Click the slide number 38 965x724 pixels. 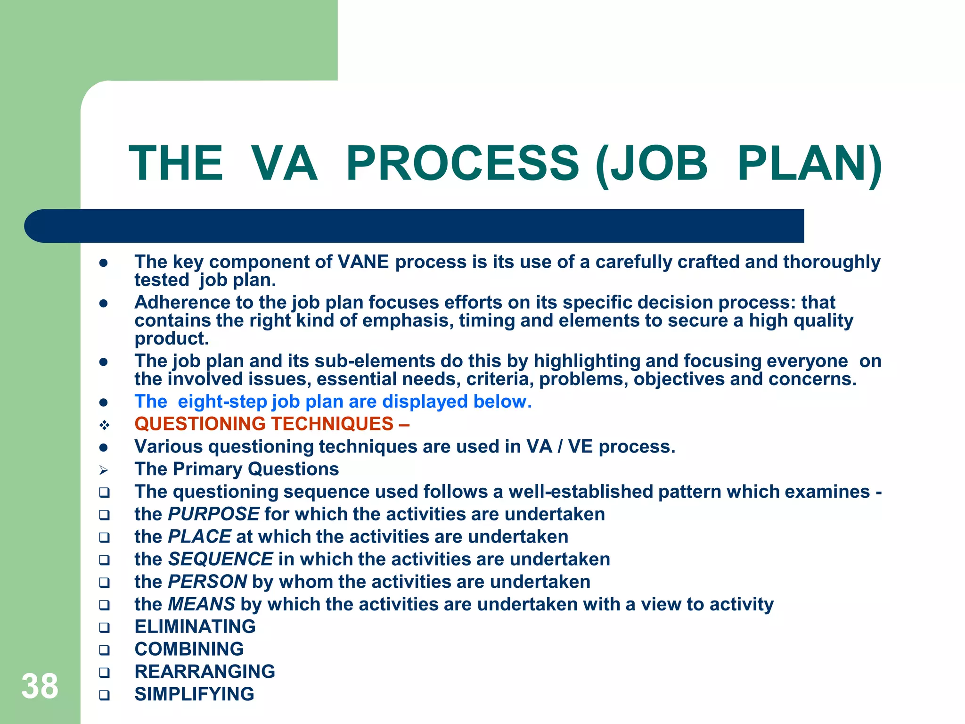pyautogui.click(x=40, y=686)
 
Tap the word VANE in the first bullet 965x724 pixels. pyautogui.click(x=363, y=262)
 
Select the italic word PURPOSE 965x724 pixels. pyautogui.click(x=214, y=514)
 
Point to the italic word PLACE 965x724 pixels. pyautogui.click(x=200, y=536)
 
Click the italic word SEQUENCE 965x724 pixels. pyautogui.click(x=221, y=559)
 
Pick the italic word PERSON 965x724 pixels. pyautogui.click(x=207, y=582)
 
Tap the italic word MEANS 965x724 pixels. pyautogui.click(x=202, y=604)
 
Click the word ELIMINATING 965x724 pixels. pyautogui.click(x=195, y=627)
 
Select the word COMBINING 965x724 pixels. pyautogui.click(x=189, y=650)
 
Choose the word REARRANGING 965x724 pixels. pyautogui.click(x=205, y=672)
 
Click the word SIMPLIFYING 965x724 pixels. pyautogui.click(x=194, y=694)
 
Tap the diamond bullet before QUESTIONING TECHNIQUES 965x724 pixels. pyautogui.click(x=104, y=425)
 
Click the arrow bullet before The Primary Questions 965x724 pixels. pyautogui.click(x=104, y=470)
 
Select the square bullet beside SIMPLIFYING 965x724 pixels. pyautogui.click(x=104, y=695)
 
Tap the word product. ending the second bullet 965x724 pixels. pyautogui.click(x=172, y=338)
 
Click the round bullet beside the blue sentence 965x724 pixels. pyautogui.click(x=104, y=403)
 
